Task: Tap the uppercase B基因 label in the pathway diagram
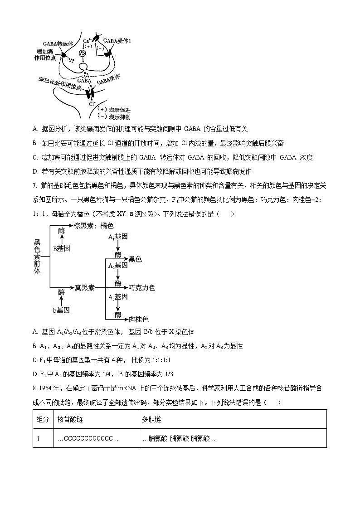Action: (x=61, y=248)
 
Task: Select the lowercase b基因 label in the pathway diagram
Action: (x=61, y=310)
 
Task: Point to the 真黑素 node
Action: (x=85, y=287)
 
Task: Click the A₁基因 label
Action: (x=118, y=237)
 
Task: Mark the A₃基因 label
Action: (x=118, y=297)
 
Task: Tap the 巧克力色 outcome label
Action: (x=142, y=287)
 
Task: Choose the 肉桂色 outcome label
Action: (x=139, y=319)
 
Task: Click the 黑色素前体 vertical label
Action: (x=37, y=256)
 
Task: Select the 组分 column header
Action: (x=43, y=420)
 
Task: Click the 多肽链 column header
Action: (x=150, y=420)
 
